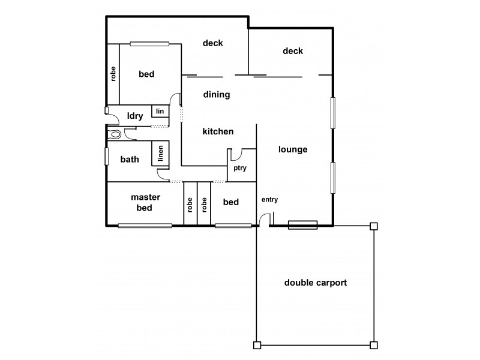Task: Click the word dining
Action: (217, 94)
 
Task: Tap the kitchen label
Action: (218, 131)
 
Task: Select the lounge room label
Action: (293, 149)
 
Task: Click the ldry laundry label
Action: (135, 116)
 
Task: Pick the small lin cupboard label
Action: (160, 111)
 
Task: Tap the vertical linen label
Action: (160, 154)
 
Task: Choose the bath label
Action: (130, 160)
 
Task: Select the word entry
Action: (269, 200)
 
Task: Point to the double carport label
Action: (316, 283)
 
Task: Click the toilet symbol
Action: (115, 134)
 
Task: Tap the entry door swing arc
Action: (263, 220)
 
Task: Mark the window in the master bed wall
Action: (145, 226)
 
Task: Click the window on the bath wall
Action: (107, 156)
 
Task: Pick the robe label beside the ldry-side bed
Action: (113, 73)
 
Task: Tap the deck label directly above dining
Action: (212, 43)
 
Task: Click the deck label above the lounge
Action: (292, 51)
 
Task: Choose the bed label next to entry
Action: (231, 202)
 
